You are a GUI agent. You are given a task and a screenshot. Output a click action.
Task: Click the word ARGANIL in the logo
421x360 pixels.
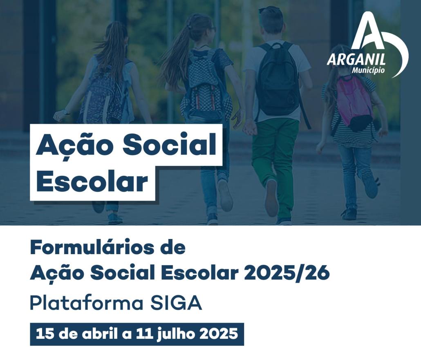(x=356, y=59)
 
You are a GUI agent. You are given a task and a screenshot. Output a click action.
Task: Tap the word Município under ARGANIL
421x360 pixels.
(x=368, y=70)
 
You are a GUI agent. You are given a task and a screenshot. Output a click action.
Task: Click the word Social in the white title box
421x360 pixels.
(x=169, y=144)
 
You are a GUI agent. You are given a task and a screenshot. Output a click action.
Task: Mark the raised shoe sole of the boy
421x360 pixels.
(x=271, y=198)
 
